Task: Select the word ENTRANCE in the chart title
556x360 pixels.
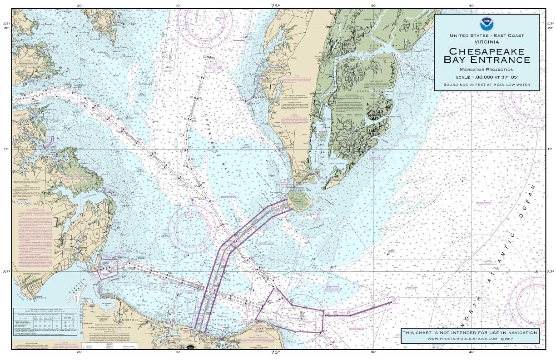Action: [504, 60]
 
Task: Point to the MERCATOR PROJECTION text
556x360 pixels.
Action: [486, 70]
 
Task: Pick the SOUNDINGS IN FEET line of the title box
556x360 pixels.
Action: [486, 85]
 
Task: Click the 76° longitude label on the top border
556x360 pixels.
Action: [275, 5]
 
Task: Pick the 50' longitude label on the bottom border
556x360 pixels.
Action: [373, 351]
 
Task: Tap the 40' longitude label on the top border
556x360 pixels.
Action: [472, 5]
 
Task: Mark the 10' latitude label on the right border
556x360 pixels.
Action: [550, 149]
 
